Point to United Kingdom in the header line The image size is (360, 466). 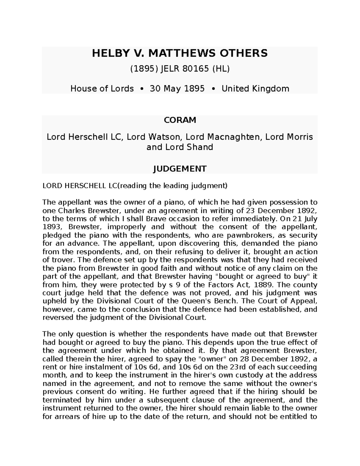255,89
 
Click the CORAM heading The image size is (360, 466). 179,120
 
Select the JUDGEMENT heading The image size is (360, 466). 179,169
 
